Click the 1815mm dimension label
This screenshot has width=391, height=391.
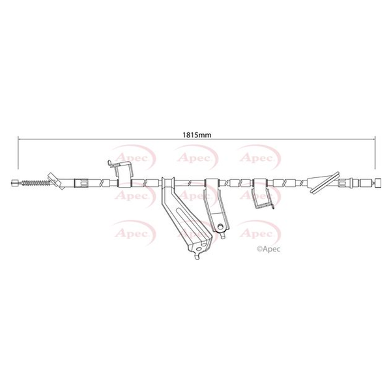pos(197,135)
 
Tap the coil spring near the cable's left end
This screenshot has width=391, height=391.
pos(35,183)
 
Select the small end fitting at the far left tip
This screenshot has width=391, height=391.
pos(15,182)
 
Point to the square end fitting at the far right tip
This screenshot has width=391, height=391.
pos(378,183)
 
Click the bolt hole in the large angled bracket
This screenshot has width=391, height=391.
pos(199,249)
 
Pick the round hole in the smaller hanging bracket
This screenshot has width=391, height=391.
pos(220,227)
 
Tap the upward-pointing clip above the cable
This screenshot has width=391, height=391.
pos(121,171)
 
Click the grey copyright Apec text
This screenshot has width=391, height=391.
pos(268,249)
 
